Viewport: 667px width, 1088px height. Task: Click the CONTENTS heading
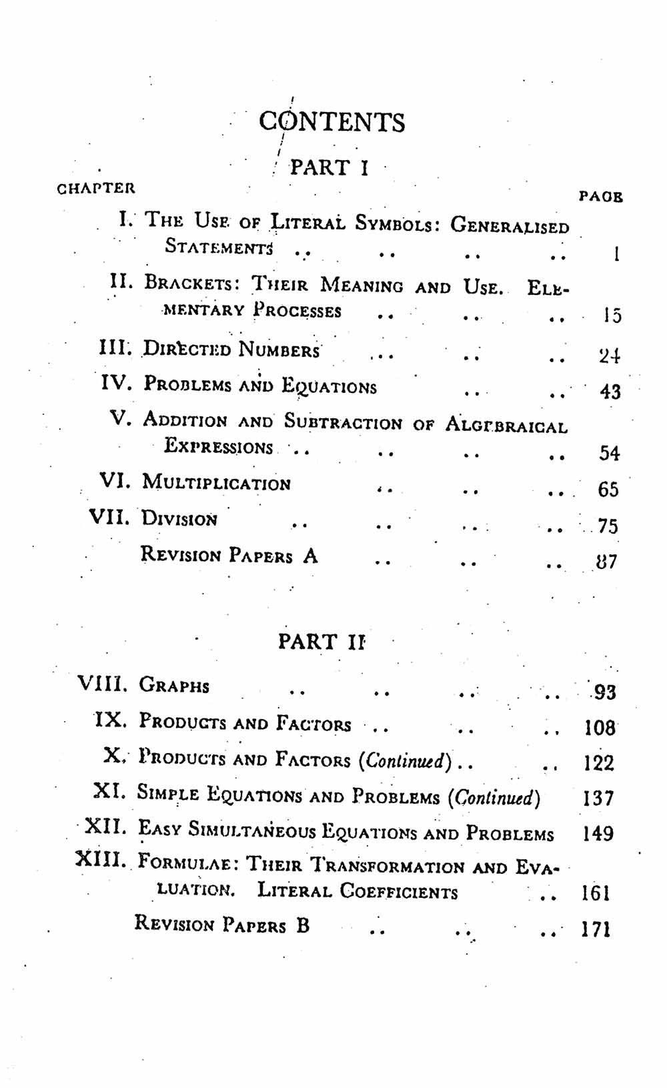[331, 122]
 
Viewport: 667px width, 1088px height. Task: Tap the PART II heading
[321, 642]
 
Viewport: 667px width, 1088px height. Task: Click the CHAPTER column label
[96, 187]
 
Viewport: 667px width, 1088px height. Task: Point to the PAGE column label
[600, 197]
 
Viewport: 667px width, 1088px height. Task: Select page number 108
[599, 727]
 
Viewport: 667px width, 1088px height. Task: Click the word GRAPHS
[174, 685]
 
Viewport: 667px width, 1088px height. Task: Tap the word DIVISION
[179, 519]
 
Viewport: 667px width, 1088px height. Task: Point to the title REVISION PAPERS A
[229, 555]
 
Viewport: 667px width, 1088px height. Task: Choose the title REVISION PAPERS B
[222, 925]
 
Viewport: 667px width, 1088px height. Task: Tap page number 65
[608, 490]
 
